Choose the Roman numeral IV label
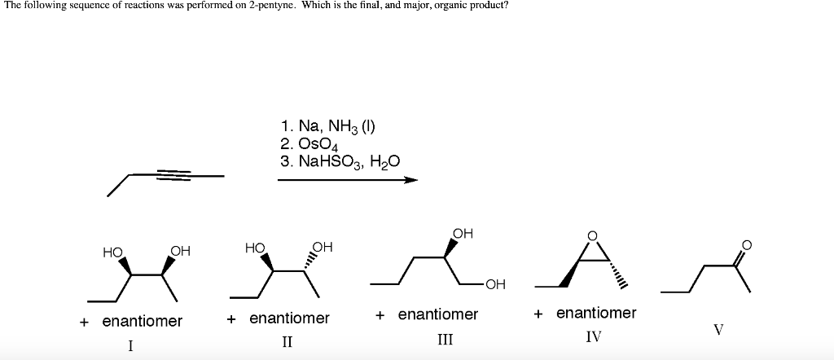pos(594,335)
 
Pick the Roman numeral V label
pos(718,330)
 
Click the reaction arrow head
pos(410,180)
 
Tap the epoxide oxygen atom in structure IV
pos(593,236)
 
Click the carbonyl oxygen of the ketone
pos(747,243)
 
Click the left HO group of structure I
pos(112,252)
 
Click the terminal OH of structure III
pos(494,284)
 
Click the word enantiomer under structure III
pos(437,314)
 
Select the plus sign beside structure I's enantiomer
pos(84,322)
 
